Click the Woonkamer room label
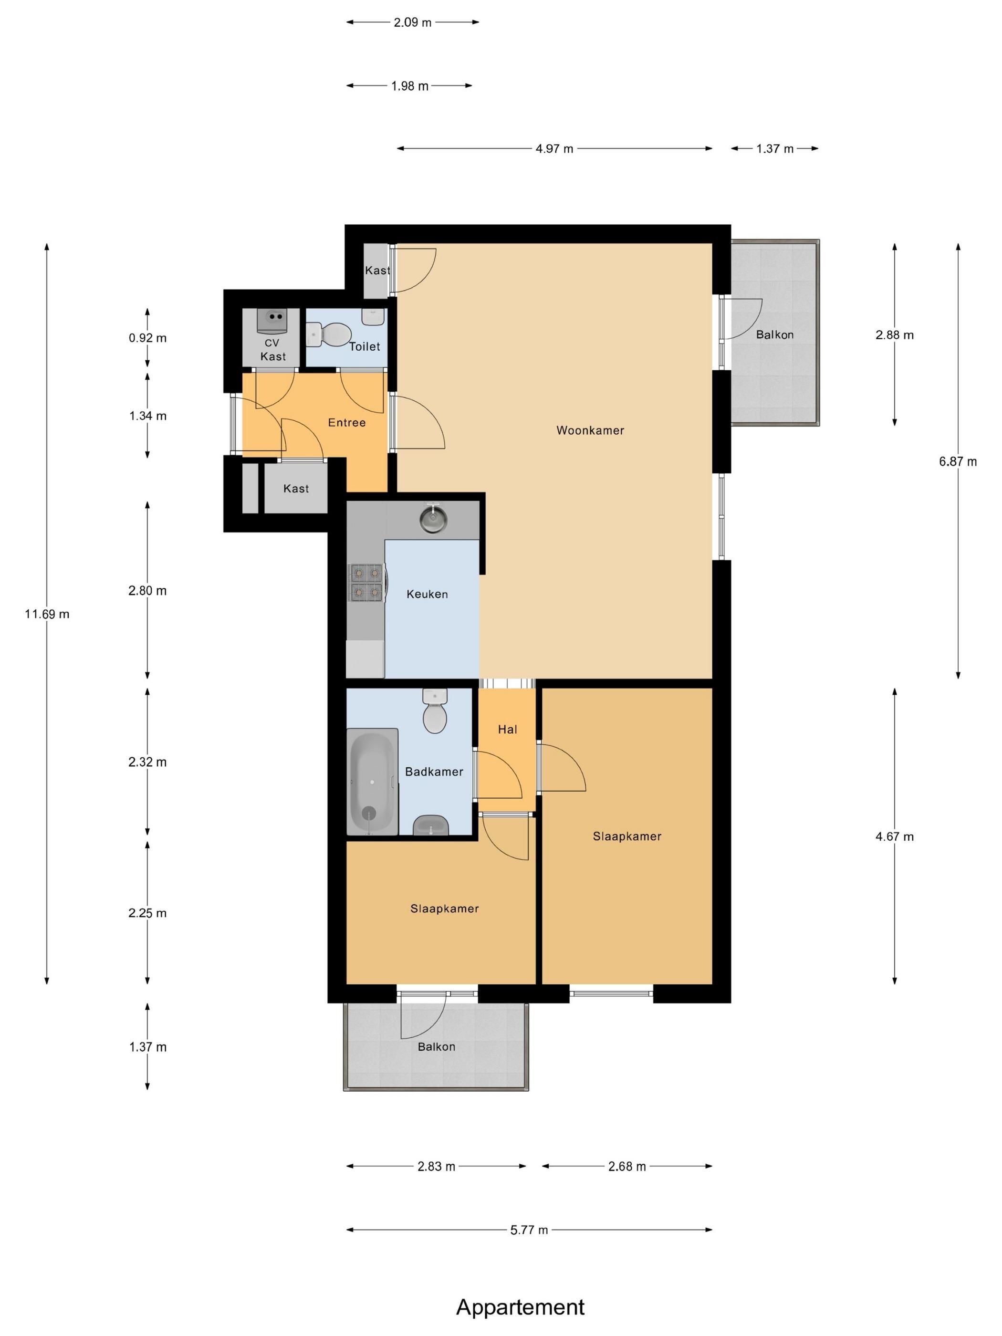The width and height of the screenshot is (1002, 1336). (x=589, y=430)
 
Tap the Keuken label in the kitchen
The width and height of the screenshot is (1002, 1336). (x=427, y=594)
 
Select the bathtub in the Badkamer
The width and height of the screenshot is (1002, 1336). (x=372, y=782)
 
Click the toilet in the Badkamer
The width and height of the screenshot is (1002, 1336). (x=435, y=711)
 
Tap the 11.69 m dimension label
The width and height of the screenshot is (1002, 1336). (x=47, y=614)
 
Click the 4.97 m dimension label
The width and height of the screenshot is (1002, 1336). (x=554, y=148)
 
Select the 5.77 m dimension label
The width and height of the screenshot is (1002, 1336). (x=529, y=1230)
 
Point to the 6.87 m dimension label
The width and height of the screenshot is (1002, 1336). (x=957, y=461)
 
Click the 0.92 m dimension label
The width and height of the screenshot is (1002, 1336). (x=147, y=338)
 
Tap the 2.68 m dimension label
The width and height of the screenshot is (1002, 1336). (x=627, y=1166)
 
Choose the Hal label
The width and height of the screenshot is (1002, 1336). (x=507, y=729)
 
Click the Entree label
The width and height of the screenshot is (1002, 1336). (x=347, y=422)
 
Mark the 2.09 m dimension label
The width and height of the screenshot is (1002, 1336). (x=413, y=23)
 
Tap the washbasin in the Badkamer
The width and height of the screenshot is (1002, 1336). (x=431, y=825)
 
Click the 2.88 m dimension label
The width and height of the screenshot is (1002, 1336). (x=895, y=334)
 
